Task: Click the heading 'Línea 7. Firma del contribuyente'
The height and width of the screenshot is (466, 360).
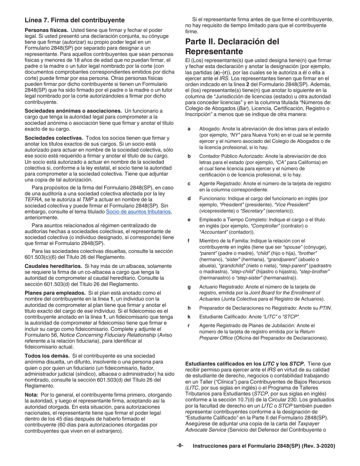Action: click(74, 20)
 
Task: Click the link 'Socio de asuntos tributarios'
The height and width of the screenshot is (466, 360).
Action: click(139, 211)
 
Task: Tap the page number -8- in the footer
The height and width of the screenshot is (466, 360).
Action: click(180, 446)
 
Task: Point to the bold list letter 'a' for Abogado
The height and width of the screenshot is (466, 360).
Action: click(189, 129)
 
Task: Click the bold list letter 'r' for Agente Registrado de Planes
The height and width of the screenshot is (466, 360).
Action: click(189, 325)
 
